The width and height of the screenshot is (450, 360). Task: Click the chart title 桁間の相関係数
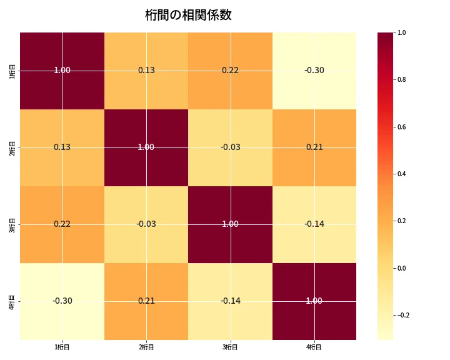tap(188, 15)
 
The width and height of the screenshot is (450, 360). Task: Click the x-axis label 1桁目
tap(62, 347)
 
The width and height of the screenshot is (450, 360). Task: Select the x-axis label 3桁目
tap(230, 347)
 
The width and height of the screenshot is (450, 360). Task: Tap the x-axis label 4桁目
tap(314, 347)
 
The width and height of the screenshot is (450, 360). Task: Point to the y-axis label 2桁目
tap(12, 147)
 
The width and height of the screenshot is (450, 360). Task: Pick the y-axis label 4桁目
tap(12, 301)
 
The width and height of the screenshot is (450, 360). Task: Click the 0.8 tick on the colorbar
tap(402, 79)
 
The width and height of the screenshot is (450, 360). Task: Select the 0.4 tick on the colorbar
tap(402, 174)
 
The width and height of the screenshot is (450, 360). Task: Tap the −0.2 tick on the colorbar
tap(404, 315)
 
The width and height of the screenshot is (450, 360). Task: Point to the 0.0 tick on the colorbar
tap(402, 268)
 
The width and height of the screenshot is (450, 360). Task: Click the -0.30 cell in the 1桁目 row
tap(314, 71)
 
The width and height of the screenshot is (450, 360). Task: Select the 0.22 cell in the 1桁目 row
tap(230, 71)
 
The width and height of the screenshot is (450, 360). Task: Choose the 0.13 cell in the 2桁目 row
tap(62, 147)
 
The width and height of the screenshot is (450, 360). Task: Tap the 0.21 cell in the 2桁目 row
tap(314, 147)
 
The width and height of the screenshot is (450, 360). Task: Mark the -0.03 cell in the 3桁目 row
tap(146, 224)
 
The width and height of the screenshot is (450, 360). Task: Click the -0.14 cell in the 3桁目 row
tap(314, 224)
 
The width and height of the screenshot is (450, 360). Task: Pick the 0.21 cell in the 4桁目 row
tap(146, 301)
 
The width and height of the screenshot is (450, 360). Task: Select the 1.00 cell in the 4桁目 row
tap(314, 301)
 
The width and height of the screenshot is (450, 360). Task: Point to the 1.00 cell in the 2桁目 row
tap(146, 147)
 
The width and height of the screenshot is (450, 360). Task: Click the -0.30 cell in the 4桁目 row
tap(62, 301)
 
